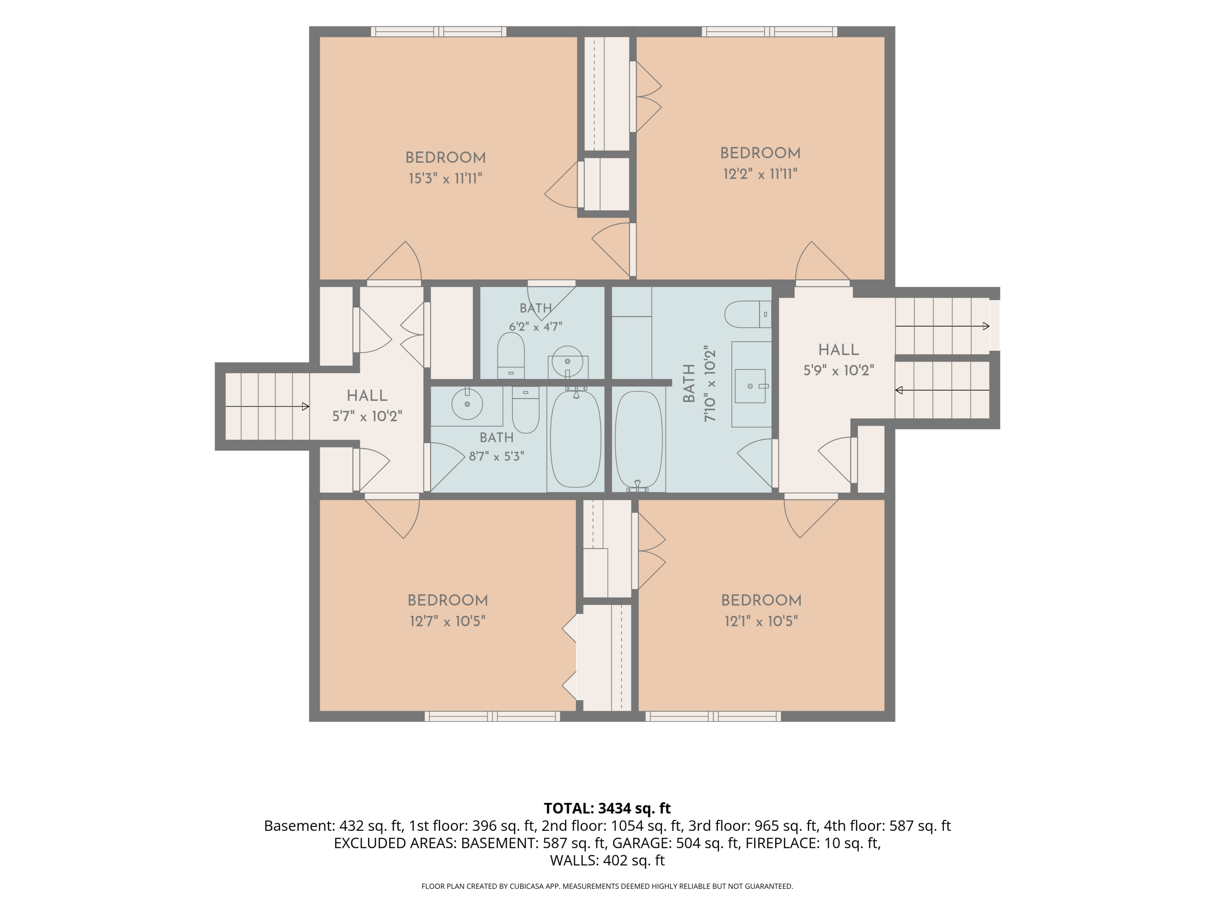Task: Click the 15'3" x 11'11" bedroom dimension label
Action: tap(446, 179)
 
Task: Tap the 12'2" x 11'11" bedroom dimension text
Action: tap(760, 174)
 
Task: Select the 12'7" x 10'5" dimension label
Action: tap(448, 621)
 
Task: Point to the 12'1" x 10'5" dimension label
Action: tap(761, 621)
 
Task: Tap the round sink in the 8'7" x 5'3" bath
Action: tap(467, 404)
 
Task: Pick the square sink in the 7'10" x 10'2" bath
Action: tap(750, 386)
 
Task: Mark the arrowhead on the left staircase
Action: tap(305, 407)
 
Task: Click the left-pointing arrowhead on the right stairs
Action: tap(899, 390)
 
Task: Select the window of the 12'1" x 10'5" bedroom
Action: tap(713, 716)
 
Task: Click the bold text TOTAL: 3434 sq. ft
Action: tap(607, 808)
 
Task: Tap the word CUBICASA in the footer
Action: tap(528, 886)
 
